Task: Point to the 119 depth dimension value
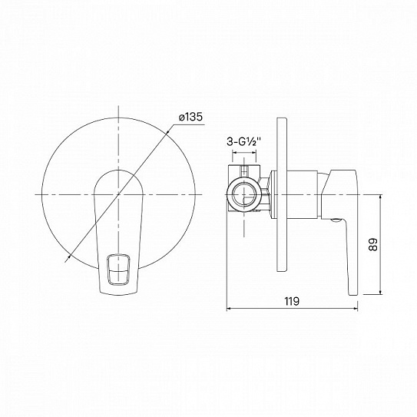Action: tap(290, 300)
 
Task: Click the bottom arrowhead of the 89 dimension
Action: tap(382, 293)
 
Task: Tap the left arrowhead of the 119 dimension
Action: tap(230, 309)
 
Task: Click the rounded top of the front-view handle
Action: tap(118, 171)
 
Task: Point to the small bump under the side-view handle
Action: tap(336, 221)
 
